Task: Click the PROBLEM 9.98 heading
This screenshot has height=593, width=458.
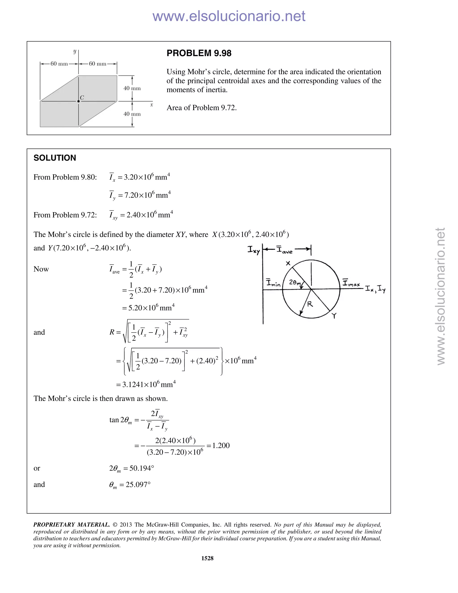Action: (x=199, y=53)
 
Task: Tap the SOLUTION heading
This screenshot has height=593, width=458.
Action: (x=55, y=158)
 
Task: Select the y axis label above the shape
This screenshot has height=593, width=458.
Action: (x=75, y=51)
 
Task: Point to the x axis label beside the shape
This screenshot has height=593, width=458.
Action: (x=152, y=105)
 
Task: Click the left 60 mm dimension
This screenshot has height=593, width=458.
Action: (x=59, y=64)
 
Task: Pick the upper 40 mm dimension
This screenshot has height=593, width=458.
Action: (x=132, y=88)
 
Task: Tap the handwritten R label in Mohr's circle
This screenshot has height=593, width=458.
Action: (x=310, y=304)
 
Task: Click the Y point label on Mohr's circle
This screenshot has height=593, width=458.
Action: (x=334, y=316)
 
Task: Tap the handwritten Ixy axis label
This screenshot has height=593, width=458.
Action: (x=253, y=250)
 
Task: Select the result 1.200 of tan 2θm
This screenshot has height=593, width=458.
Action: (x=221, y=445)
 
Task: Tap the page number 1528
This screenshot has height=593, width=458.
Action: (x=207, y=558)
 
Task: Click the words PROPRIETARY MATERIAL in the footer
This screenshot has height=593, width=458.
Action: (x=71, y=525)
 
